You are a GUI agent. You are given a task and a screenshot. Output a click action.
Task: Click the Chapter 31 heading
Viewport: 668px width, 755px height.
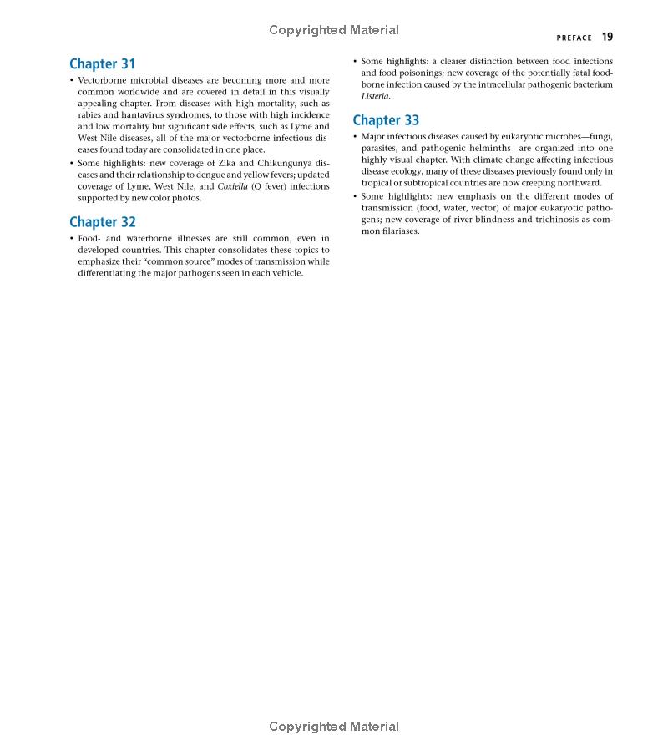102,64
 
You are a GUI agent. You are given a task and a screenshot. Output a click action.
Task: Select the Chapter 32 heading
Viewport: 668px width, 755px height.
102,222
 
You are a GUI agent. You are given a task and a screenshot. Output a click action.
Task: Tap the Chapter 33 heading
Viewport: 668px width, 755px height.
386,120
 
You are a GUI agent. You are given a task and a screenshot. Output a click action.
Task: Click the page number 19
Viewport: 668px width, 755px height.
607,37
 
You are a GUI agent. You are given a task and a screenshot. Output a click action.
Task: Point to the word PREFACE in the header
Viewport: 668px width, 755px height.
574,38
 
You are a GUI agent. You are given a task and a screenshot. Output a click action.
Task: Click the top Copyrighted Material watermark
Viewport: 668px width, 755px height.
334,30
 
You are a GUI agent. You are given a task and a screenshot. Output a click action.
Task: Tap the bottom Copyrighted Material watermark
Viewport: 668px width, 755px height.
334,727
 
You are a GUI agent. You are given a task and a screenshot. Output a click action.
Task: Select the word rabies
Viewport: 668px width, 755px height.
91,115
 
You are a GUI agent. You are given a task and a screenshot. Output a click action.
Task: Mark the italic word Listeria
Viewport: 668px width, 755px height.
375,96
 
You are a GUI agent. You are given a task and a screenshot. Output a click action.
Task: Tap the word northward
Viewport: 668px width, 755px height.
579,183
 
